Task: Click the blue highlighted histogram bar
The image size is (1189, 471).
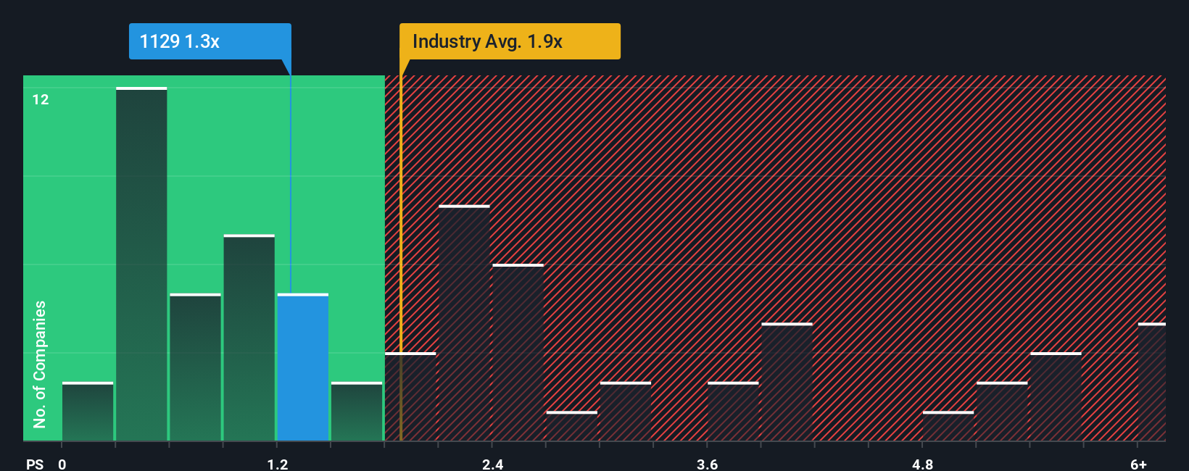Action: (x=303, y=367)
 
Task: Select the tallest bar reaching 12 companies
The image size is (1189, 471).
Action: (x=141, y=264)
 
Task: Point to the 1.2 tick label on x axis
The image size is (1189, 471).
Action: (x=278, y=464)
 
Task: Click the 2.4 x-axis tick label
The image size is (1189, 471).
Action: (x=493, y=464)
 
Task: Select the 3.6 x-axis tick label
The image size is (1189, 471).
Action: (x=708, y=464)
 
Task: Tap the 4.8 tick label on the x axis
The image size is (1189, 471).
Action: (x=922, y=464)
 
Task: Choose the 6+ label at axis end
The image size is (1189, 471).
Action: (x=1139, y=464)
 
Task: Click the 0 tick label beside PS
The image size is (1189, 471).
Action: (x=62, y=464)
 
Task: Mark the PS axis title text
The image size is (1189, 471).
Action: (x=35, y=464)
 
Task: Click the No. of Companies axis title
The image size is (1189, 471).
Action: (x=40, y=364)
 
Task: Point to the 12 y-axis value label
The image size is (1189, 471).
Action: (x=41, y=100)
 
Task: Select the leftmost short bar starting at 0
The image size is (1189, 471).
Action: (x=88, y=412)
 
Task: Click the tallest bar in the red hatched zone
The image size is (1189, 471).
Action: (x=464, y=323)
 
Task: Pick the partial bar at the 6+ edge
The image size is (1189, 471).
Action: (x=1152, y=382)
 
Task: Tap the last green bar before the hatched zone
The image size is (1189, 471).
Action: (x=357, y=412)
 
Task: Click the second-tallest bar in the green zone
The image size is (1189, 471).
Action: (x=249, y=338)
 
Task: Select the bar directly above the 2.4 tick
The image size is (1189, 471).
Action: (x=518, y=353)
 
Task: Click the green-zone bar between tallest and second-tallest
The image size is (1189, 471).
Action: (x=195, y=367)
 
